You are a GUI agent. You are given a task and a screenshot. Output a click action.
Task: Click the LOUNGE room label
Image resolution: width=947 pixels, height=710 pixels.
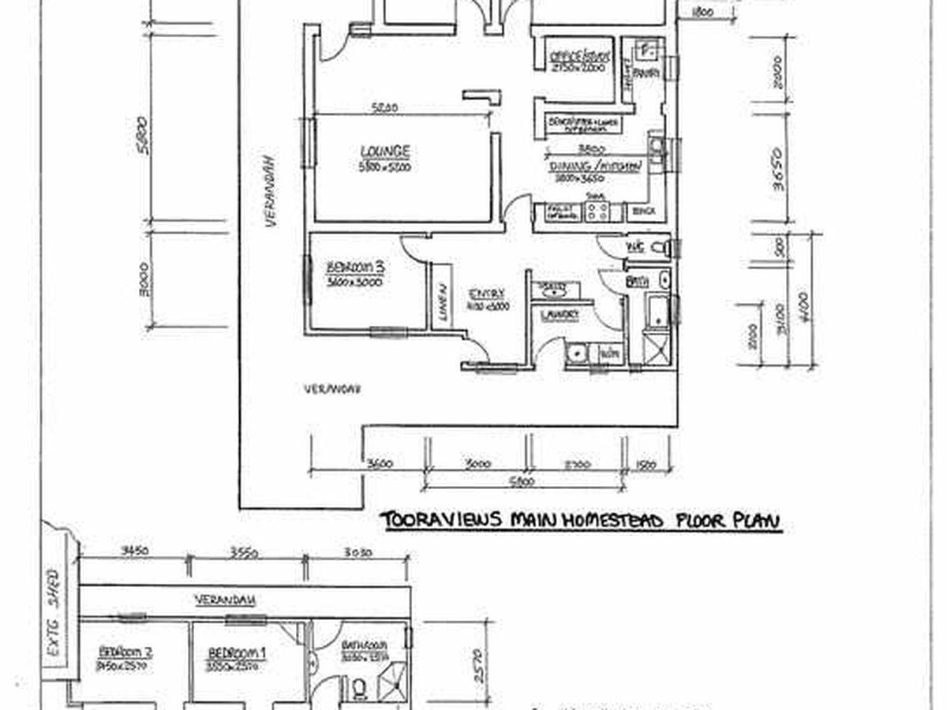click(385, 151)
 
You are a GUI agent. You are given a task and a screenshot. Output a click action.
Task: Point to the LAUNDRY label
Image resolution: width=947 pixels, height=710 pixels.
click(560, 315)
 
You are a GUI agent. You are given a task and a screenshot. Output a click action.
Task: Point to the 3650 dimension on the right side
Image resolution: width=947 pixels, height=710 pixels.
click(777, 166)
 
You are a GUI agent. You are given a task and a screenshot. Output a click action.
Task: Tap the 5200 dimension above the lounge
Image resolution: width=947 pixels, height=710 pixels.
click(384, 108)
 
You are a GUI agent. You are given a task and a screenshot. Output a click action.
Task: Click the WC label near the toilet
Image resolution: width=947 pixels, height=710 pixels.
click(635, 248)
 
